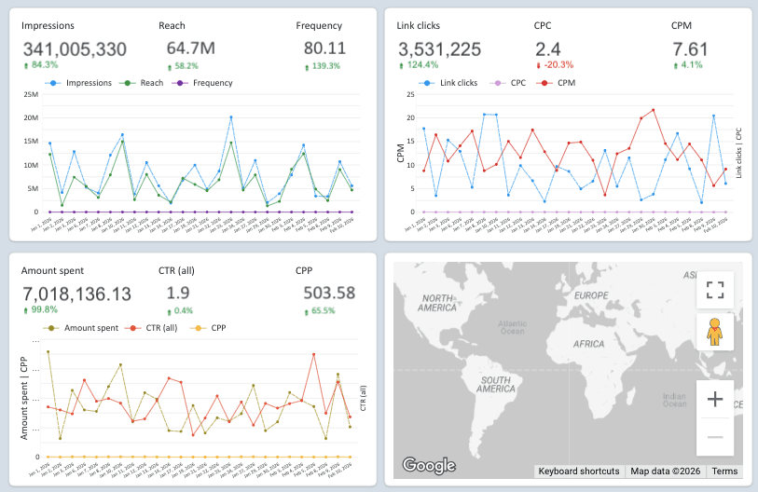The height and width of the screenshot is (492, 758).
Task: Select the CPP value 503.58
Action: (x=329, y=293)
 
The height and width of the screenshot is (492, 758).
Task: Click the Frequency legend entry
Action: (x=207, y=83)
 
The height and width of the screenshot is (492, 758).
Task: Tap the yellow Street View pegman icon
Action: (x=715, y=332)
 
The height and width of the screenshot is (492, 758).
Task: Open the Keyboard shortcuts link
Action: (x=578, y=471)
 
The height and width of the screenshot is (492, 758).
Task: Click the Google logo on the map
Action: (x=429, y=465)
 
